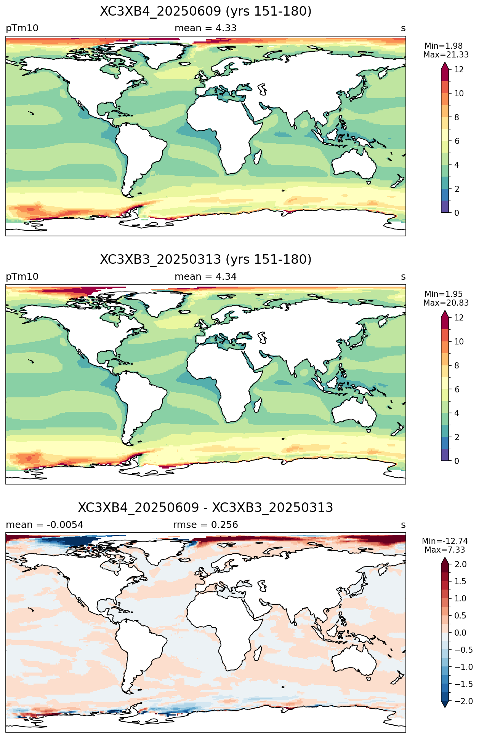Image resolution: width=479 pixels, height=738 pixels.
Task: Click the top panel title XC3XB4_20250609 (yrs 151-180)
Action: coord(206,11)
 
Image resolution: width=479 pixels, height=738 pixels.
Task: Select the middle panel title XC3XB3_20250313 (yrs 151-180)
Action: coord(206,260)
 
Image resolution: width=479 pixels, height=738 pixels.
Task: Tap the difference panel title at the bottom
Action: coord(206,508)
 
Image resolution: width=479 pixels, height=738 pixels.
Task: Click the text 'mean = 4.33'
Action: coord(206,28)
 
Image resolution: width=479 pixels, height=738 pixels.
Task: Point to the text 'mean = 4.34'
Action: coord(206,277)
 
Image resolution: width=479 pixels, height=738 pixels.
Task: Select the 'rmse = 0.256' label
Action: coord(206,525)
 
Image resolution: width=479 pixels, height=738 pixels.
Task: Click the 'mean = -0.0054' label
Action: coord(45,525)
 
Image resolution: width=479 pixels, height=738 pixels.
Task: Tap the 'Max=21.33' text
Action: coord(446,55)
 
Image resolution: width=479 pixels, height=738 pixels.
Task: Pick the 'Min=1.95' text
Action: coord(444,294)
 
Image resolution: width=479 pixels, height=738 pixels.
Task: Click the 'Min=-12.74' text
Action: coord(445,541)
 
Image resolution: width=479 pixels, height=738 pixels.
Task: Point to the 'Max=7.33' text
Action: coord(445,550)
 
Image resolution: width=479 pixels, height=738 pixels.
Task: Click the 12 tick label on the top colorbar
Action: coord(459,70)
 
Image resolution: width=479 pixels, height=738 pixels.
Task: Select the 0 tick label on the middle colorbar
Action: coord(457,461)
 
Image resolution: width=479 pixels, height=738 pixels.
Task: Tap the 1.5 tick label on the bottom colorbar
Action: coord(460,581)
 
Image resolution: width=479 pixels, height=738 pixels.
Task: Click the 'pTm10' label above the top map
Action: coord(22,28)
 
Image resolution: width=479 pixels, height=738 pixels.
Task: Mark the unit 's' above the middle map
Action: coord(403,277)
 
